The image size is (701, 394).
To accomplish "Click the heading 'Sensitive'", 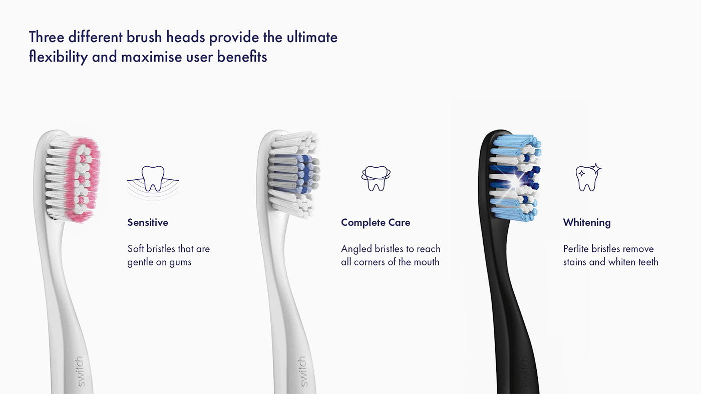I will (148, 222).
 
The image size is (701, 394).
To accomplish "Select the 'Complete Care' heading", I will (376, 222).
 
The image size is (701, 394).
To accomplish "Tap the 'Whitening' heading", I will (587, 222).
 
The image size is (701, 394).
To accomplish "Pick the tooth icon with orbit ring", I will (376, 178).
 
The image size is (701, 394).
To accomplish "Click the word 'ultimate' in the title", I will (312, 37).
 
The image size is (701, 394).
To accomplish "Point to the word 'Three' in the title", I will (48, 37).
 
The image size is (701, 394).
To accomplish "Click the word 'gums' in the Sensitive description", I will (180, 263).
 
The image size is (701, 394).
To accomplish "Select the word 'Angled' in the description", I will (357, 249).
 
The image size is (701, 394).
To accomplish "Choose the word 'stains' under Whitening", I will (575, 262).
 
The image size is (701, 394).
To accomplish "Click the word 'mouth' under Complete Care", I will (426, 262).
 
